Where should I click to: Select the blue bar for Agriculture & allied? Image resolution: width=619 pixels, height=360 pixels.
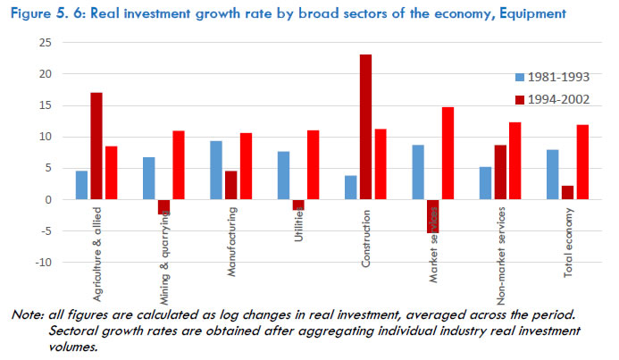click(x=81, y=185)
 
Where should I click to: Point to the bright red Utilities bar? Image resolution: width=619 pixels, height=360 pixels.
click(x=312, y=164)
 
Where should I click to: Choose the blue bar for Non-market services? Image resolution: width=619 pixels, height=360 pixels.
click(x=485, y=182)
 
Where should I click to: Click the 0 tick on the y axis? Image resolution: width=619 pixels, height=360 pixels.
click(x=46, y=199)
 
